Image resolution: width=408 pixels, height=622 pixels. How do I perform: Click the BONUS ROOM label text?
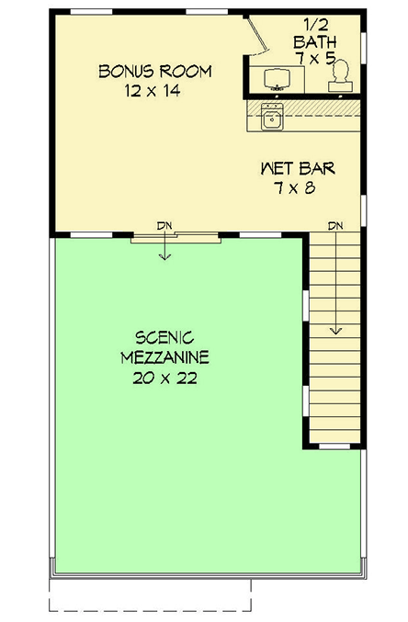coord(155,72)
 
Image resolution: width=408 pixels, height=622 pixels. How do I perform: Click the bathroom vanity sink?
coord(277,79)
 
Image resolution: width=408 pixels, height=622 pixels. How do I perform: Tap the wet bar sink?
coord(271,117)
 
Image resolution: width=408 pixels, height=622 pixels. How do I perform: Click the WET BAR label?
coord(297,168)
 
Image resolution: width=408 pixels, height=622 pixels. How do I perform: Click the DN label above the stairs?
coord(336,225)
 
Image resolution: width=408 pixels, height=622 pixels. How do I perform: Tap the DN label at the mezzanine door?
coord(164,224)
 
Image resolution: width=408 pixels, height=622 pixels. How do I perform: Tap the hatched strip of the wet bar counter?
coord(312,109)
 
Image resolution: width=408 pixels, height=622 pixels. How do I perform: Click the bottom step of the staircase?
coord(336,439)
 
